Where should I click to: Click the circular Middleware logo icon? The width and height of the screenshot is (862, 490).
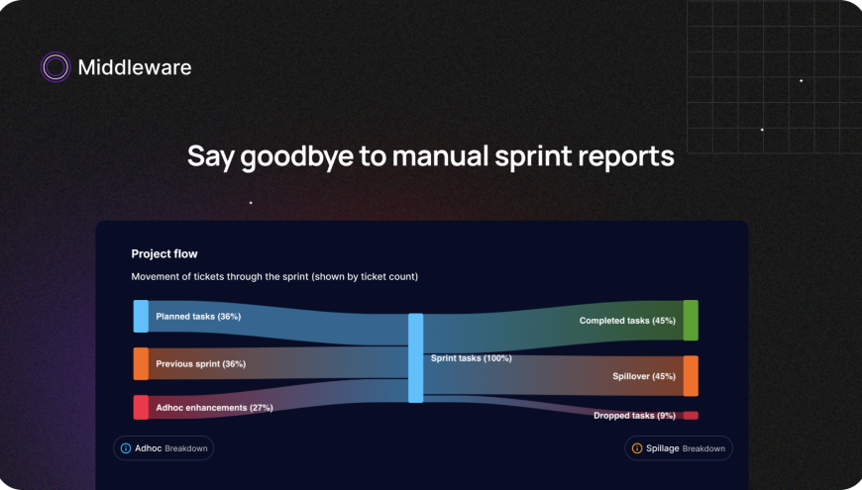[x=55, y=67]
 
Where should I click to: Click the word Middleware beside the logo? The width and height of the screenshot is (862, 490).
[x=135, y=67]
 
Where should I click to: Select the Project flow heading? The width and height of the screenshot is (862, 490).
[x=164, y=254]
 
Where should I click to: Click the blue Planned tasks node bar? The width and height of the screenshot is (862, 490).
[x=141, y=316]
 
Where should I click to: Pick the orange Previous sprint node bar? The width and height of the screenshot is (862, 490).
[x=141, y=363]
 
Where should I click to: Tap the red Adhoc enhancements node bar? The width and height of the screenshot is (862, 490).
[x=141, y=407]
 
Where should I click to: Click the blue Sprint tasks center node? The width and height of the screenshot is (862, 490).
[x=416, y=357]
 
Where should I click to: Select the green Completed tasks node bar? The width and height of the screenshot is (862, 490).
[x=691, y=320]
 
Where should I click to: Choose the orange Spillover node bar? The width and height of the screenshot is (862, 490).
[x=691, y=376]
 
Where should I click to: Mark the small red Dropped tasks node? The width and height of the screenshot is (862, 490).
[x=691, y=416]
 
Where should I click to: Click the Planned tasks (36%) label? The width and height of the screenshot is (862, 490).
[x=198, y=317]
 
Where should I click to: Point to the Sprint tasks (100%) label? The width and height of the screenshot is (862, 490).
[x=471, y=358]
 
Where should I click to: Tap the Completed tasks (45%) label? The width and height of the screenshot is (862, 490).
[x=627, y=321]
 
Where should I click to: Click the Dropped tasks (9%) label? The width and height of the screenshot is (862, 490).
[x=634, y=416]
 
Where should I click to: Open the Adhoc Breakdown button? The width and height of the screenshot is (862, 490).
[x=163, y=448]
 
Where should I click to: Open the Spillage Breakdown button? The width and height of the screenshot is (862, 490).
[x=679, y=448]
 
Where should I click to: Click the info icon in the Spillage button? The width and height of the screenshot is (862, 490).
[x=636, y=448]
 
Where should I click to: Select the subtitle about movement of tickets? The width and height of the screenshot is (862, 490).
[x=274, y=277]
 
